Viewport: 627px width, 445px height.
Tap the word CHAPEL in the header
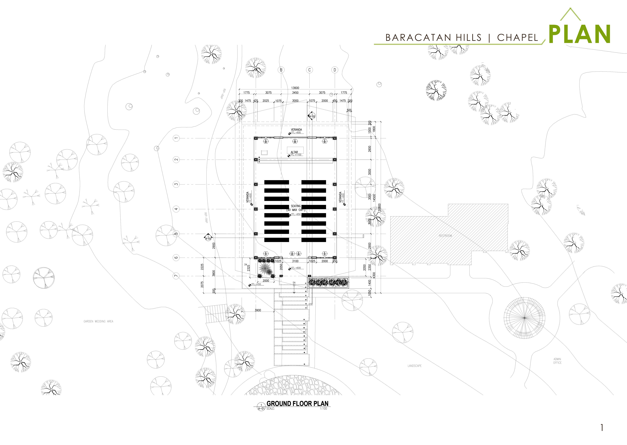click(x=517, y=38)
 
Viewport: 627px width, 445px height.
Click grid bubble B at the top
click(x=281, y=70)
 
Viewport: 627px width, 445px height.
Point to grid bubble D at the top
click(x=335, y=70)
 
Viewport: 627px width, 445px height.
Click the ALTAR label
click(x=294, y=152)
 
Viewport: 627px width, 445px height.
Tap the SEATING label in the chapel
click(x=296, y=206)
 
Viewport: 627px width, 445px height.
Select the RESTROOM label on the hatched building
click(x=445, y=236)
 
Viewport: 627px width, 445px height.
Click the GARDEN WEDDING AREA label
click(x=98, y=321)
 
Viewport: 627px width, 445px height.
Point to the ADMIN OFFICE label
click(x=557, y=361)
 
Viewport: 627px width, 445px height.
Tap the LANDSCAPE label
click(x=415, y=366)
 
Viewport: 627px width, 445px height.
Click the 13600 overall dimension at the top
click(x=295, y=88)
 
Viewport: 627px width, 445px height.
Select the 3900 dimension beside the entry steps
click(x=258, y=310)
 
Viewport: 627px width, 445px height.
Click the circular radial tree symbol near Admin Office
click(x=524, y=318)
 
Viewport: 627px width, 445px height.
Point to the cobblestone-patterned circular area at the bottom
click(x=293, y=386)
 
